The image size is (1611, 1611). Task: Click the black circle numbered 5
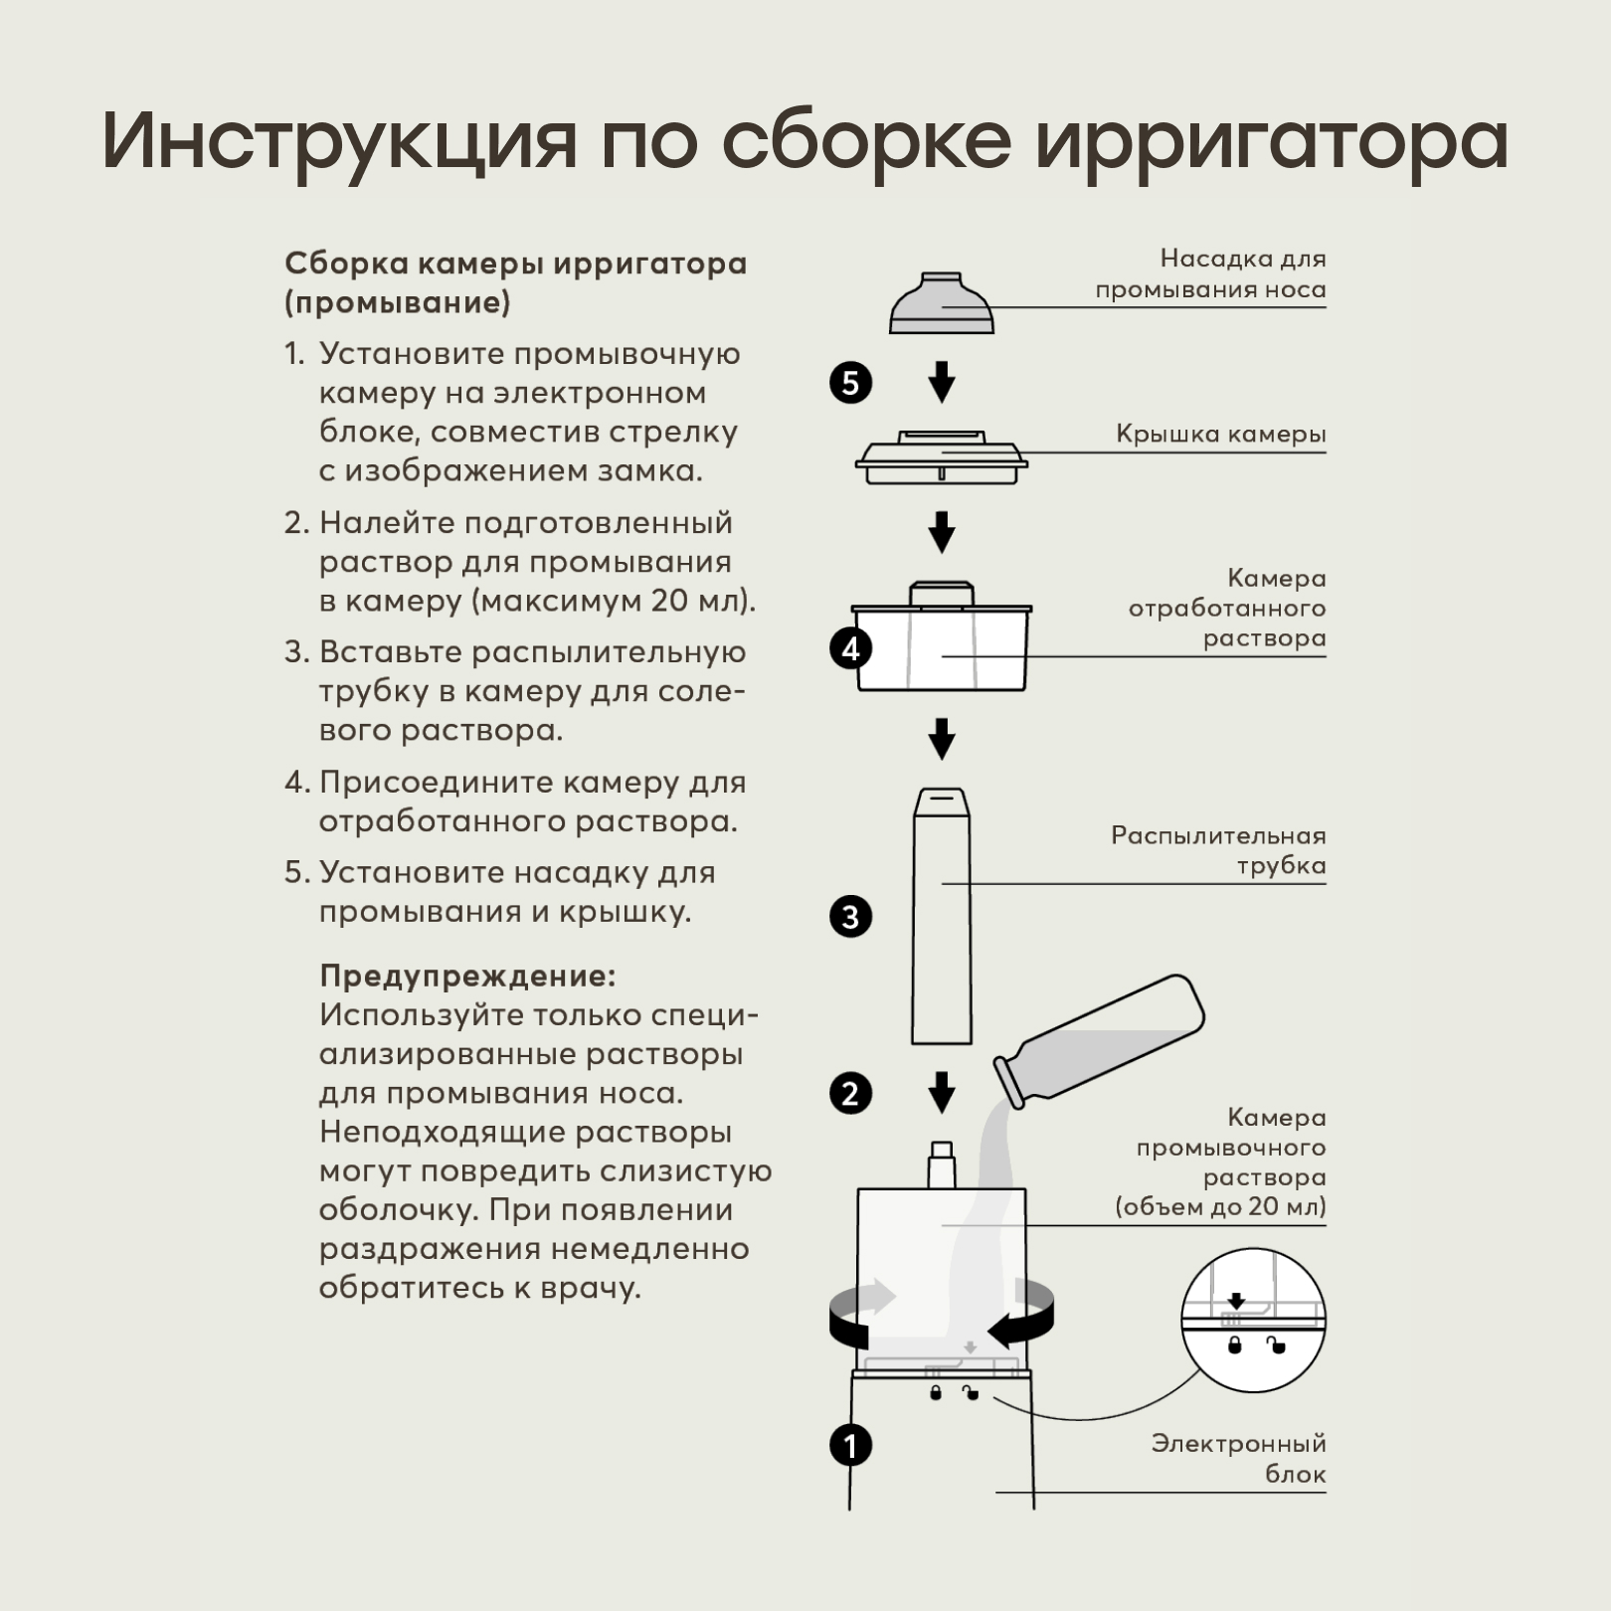tap(850, 383)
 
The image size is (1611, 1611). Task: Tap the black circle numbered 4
tap(850, 649)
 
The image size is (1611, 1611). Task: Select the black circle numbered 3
tap(850, 917)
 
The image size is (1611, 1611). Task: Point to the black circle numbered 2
tap(850, 1094)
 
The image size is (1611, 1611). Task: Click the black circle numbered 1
tap(850, 1445)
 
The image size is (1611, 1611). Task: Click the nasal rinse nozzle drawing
tap(941, 303)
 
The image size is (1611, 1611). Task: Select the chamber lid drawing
tap(941, 458)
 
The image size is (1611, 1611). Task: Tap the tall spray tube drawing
tap(941, 915)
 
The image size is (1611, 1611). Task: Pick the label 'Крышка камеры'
tap(1220, 435)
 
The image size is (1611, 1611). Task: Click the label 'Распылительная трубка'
tap(1218, 850)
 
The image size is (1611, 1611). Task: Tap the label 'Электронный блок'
tap(1238, 1458)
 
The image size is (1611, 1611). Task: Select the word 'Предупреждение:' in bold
tap(467, 976)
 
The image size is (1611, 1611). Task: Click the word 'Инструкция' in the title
tap(339, 139)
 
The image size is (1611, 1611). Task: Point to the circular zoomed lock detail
tap(1253, 1320)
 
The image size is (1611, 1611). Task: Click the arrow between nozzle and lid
tap(941, 382)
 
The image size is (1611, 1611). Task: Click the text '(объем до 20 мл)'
tap(1220, 1207)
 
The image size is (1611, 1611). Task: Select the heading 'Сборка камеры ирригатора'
tap(515, 264)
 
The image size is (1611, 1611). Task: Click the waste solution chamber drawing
tap(941, 641)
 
